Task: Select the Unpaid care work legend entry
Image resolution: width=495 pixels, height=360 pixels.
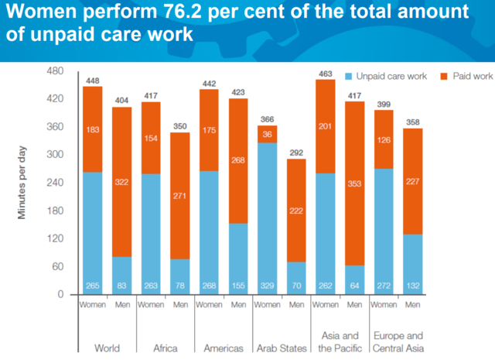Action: point(384,77)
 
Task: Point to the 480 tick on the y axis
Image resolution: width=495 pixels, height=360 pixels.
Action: point(54,71)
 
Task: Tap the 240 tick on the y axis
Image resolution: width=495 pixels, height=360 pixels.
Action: point(54,183)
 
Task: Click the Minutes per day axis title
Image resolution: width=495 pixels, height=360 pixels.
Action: point(23,183)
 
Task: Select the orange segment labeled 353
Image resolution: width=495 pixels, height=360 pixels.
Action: point(354,183)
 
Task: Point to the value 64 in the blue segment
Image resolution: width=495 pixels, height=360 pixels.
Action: point(354,286)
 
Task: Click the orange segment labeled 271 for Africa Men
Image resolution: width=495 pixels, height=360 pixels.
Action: point(179,195)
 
